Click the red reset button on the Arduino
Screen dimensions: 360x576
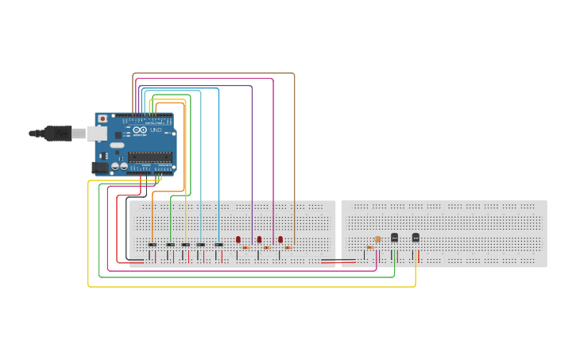[102, 119]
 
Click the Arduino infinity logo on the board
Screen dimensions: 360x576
[140, 130]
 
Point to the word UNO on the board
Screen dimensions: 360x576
[156, 130]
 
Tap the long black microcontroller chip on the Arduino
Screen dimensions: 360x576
[150, 157]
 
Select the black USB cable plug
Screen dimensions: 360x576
[58, 134]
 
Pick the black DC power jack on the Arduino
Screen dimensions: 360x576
[100, 167]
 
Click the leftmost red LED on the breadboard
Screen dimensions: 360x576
[238, 239]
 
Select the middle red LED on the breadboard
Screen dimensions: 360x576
[259, 239]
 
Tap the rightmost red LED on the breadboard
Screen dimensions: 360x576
[280, 239]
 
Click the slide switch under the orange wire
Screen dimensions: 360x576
[153, 245]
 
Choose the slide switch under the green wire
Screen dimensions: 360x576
[170, 245]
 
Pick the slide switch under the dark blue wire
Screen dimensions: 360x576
[218, 245]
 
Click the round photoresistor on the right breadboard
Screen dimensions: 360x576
[377, 239]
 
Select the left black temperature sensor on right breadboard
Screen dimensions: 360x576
[394, 238]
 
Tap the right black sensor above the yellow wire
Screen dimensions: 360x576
[416, 238]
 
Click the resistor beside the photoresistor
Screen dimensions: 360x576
[370, 247]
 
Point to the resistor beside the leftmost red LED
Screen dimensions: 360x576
[245, 247]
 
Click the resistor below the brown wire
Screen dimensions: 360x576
[288, 247]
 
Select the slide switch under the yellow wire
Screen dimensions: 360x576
[185, 245]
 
